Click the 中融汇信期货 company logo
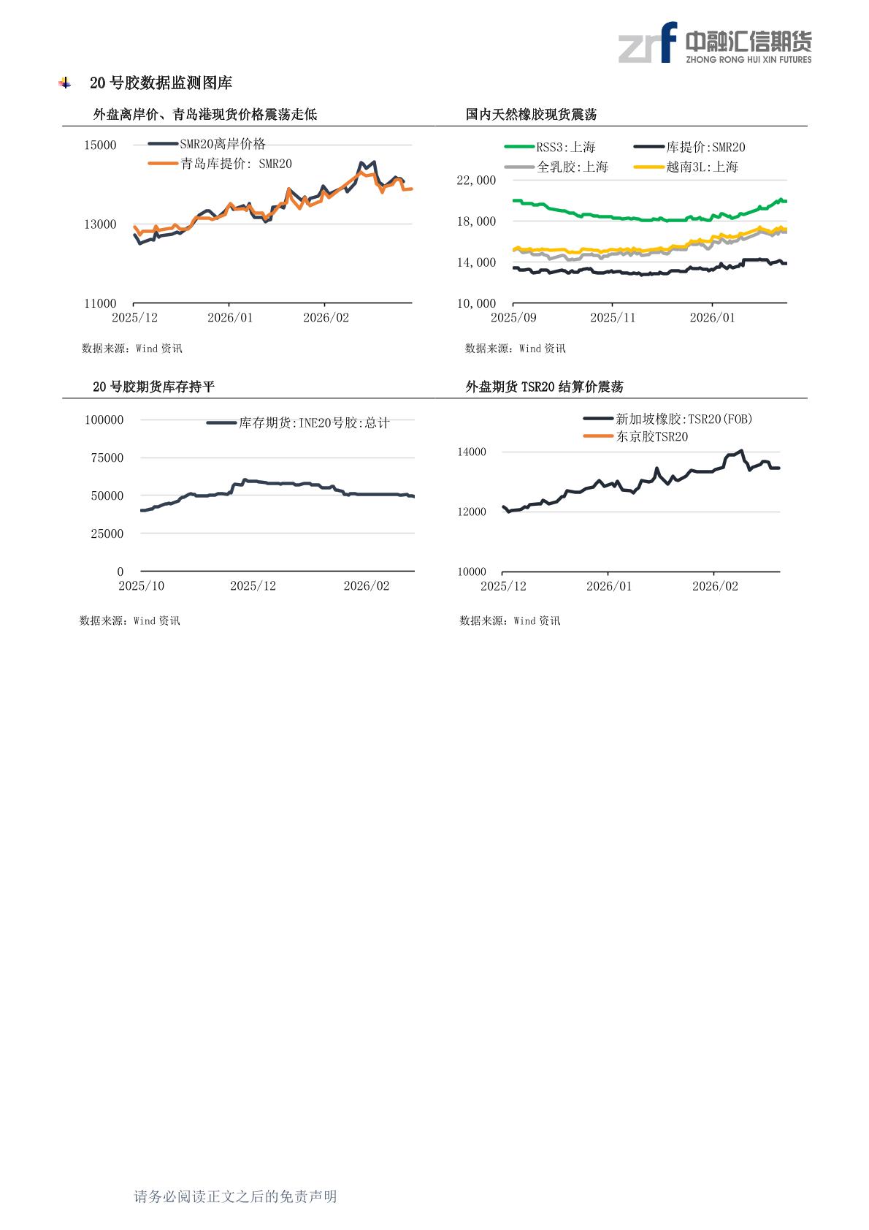(714, 42)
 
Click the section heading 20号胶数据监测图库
(161, 83)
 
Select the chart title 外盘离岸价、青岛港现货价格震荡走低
(205, 115)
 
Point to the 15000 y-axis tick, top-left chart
(100, 145)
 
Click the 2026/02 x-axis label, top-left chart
(326, 318)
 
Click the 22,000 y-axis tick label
(476, 181)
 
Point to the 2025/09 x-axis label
(513, 318)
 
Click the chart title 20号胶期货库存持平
(153, 387)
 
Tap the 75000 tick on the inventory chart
(107, 458)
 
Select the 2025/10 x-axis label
(142, 586)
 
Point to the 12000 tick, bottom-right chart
(472, 512)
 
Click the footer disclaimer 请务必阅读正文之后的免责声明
(235, 1196)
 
